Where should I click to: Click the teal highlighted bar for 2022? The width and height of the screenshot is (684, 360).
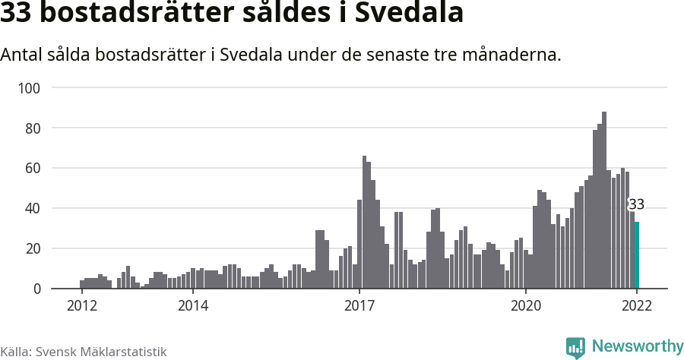tap(637, 255)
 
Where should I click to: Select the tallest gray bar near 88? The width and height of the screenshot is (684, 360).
tap(604, 201)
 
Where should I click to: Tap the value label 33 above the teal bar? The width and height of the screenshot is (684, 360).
tap(636, 204)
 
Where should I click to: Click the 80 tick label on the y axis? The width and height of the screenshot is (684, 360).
tap(33, 128)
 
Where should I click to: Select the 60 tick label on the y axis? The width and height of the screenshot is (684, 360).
tap(33, 169)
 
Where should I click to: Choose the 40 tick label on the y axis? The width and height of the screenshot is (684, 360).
tap(33, 209)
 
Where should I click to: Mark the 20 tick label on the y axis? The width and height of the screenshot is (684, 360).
tap(33, 249)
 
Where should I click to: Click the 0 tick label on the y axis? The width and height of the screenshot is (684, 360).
tap(36, 289)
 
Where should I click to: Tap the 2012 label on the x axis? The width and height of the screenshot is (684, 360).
tap(82, 305)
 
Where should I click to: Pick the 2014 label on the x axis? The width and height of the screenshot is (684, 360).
tap(193, 305)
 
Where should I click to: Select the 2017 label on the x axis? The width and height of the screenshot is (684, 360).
tap(359, 305)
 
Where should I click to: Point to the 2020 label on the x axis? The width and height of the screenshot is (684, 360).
tap(525, 305)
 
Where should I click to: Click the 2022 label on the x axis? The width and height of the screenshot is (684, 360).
tap(637, 305)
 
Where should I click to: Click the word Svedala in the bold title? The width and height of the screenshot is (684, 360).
tap(408, 14)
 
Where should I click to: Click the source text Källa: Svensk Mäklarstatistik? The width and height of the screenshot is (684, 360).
tap(84, 352)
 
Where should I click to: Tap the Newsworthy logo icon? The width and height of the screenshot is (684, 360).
tap(575, 347)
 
